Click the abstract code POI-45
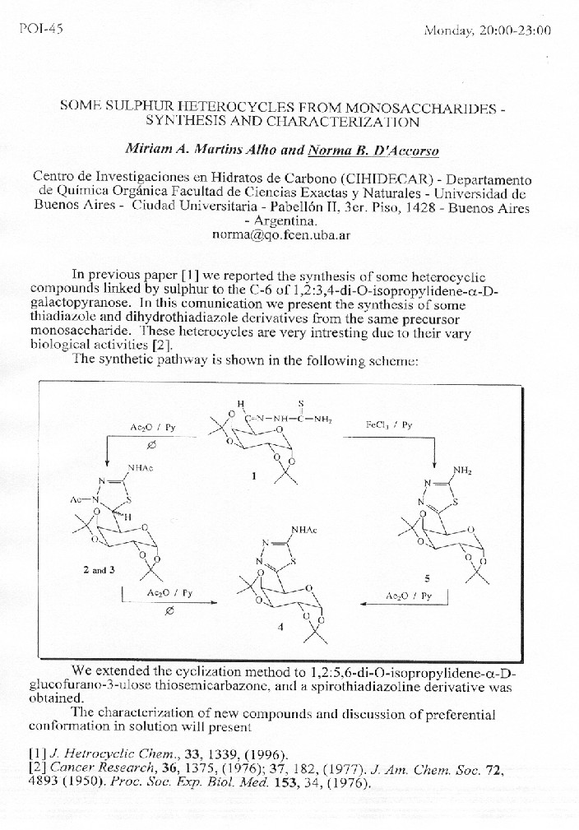(x=40, y=30)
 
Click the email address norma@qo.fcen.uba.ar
(x=280, y=234)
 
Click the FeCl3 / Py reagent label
(x=387, y=424)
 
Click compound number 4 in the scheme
(x=281, y=627)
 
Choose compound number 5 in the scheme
(x=426, y=578)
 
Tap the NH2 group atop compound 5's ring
(x=463, y=470)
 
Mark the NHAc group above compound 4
(x=304, y=529)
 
